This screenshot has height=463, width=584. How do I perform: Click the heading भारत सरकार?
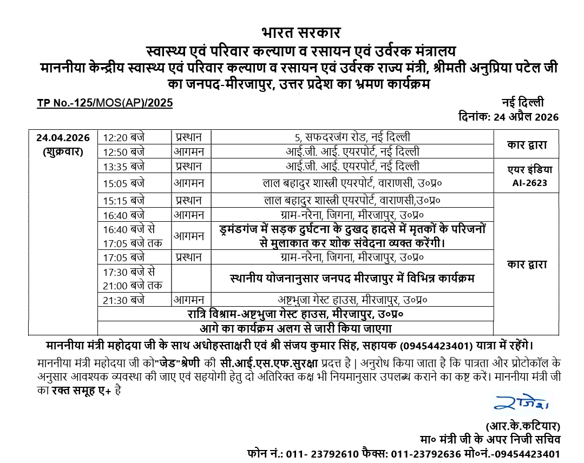coord(301,33)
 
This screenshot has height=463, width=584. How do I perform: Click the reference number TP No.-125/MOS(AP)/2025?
coord(104,103)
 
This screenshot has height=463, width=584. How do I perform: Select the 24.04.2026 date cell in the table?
coord(63,137)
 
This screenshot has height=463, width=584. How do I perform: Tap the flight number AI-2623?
coord(530,183)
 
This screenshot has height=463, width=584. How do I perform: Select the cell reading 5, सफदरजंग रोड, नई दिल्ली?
coord(352,137)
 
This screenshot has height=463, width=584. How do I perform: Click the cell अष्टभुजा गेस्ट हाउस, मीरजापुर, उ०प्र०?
coord(352,299)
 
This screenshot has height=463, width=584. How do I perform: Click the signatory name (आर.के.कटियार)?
coord(523,425)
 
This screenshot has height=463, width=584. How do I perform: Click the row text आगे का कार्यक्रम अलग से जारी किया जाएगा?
coord(296,328)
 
